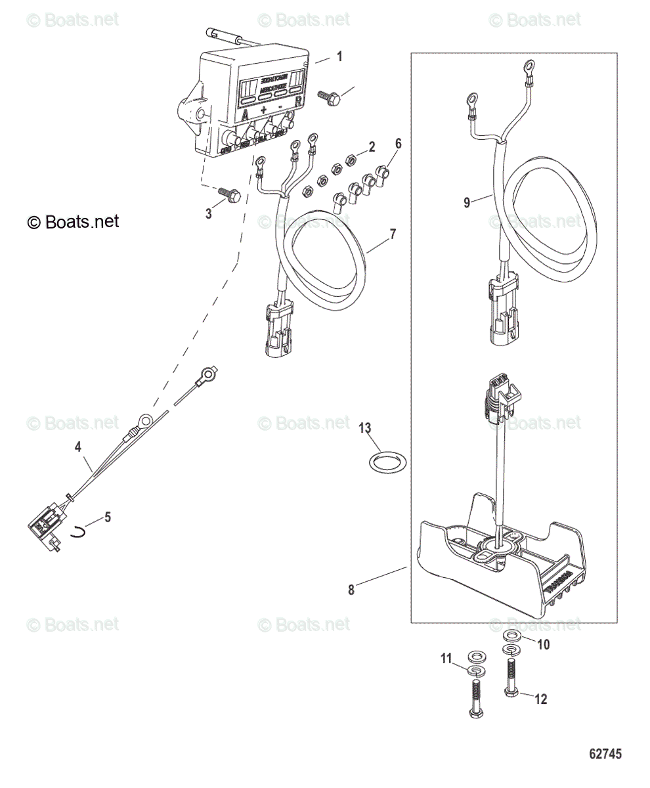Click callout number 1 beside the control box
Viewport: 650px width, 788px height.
(x=339, y=56)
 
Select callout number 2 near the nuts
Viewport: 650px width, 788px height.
(x=371, y=146)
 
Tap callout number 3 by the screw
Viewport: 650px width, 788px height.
(x=209, y=213)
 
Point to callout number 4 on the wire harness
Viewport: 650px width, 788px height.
(x=78, y=447)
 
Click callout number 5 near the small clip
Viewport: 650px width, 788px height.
(x=108, y=517)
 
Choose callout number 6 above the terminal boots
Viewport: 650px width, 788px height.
(x=398, y=143)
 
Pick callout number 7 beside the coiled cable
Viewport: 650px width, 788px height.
(x=393, y=233)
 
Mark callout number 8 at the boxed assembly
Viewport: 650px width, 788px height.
(x=351, y=590)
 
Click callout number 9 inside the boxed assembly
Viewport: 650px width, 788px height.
(x=467, y=203)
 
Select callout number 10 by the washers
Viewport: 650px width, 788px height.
(x=543, y=644)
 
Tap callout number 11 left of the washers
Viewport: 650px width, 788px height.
(x=446, y=659)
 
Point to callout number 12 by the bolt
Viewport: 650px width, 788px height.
(x=540, y=699)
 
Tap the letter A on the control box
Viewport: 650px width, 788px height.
(x=246, y=114)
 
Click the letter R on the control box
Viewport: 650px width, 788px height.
(x=299, y=101)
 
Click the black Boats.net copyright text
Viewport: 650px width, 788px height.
(x=74, y=222)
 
